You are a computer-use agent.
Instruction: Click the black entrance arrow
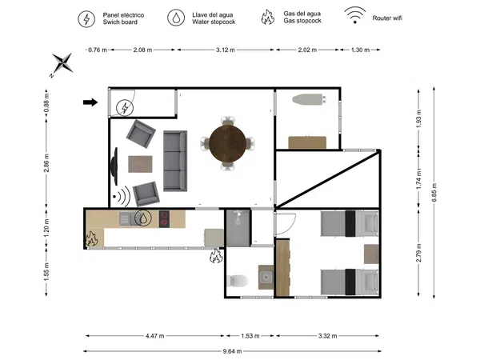click(90, 102)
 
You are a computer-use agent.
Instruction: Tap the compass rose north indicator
click(62, 64)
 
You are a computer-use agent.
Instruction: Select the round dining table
click(227, 143)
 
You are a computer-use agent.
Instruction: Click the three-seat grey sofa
click(175, 161)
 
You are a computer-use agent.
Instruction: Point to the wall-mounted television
click(114, 166)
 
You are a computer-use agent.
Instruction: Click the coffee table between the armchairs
click(140, 164)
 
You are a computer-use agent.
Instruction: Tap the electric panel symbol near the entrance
click(125, 108)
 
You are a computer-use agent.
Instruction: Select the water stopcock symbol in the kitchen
click(143, 218)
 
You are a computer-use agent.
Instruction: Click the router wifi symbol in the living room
click(122, 196)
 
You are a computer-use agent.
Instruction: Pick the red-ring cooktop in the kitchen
click(164, 219)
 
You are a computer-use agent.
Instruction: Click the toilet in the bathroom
click(238, 281)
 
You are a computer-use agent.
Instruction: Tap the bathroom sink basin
click(266, 278)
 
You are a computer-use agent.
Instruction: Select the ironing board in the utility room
click(309, 99)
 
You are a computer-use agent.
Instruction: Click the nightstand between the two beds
click(371, 254)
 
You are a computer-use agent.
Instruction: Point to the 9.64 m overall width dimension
click(232, 351)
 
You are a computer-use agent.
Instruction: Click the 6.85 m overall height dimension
click(434, 192)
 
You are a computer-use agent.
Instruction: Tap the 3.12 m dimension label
click(226, 50)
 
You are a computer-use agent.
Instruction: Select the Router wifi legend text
click(387, 18)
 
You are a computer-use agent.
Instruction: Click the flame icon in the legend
click(267, 17)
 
